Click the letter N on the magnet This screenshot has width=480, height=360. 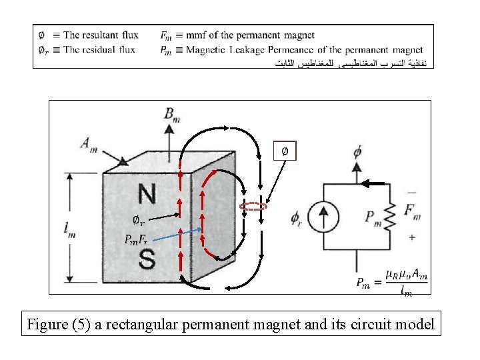(147, 193)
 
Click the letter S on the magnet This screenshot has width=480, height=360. (147, 259)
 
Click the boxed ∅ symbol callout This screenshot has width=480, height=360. (285, 151)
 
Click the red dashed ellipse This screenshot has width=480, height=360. (253, 207)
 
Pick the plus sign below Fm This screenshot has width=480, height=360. (411, 237)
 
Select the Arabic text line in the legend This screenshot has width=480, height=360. (353, 63)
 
